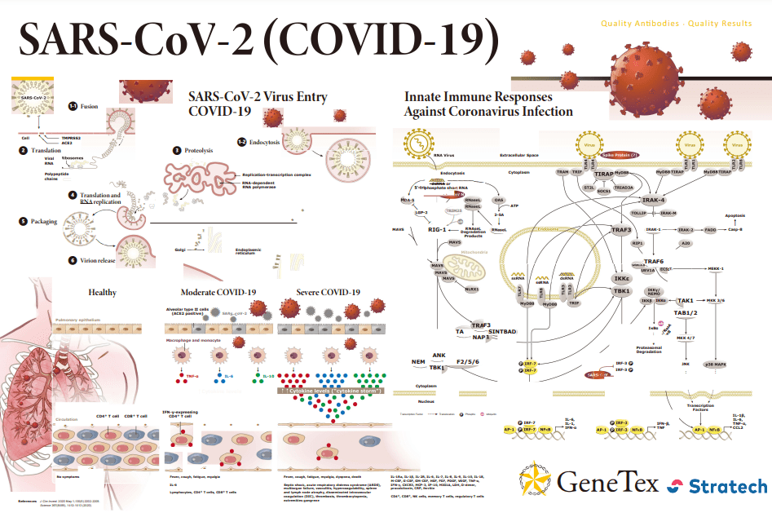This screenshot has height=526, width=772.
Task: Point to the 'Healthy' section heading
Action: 103,292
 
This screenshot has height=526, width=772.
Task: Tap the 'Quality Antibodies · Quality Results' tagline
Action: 676,23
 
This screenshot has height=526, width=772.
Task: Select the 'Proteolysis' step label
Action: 199,150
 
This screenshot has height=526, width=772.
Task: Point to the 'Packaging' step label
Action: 44,221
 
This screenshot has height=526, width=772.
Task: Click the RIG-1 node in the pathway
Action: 440,230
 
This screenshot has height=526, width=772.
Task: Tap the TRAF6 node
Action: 653,262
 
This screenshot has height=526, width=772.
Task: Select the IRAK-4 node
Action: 652,200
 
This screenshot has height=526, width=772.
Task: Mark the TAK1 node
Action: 685,300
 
